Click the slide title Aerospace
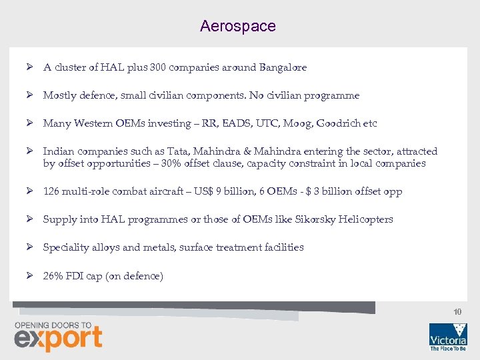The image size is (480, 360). pyautogui.click(x=237, y=26)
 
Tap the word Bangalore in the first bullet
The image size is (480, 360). pyautogui.click(x=283, y=67)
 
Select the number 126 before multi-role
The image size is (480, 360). pyautogui.click(x=51, y=191)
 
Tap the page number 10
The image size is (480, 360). pyautogui.click(x=457, y=311)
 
